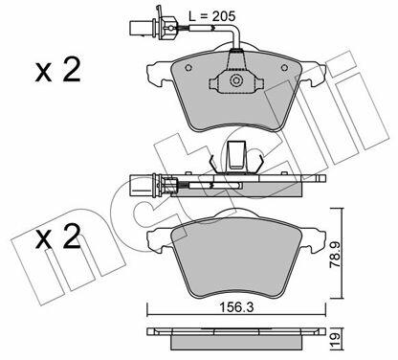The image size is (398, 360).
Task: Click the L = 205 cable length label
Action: [x=211, y=15]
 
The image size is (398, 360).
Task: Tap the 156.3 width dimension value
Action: [x=236, y=307]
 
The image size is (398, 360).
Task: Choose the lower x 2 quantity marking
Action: [x=57, y=236]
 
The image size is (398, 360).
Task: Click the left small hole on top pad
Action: [x=188, y=68]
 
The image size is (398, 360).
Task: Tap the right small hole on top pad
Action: [x=284, y=68]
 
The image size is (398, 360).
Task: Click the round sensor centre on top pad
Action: [x=236, y=79]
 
